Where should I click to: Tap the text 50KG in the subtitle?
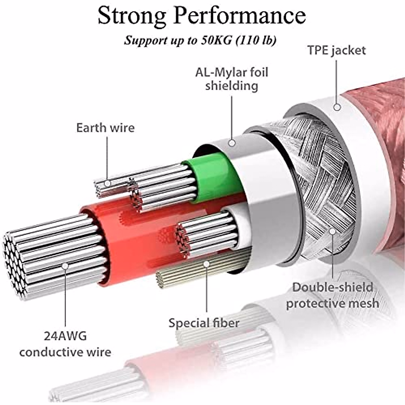tap(216, 40)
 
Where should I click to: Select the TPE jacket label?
tap(337, 51)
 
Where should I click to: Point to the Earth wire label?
tap(105, 128)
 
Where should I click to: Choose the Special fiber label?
tap(204, 323)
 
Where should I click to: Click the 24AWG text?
tap(65, 336)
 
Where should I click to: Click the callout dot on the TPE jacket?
tap(337, 107)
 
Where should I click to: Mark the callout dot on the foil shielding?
tap(232, 143)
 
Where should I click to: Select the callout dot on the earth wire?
tap(108, 184)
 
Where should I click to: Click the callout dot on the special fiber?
tap(207, 264)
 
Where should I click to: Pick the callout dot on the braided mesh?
tap(332, 232)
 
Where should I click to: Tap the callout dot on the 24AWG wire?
tap(65, 266)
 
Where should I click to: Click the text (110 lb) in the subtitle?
tap(256, 40)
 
